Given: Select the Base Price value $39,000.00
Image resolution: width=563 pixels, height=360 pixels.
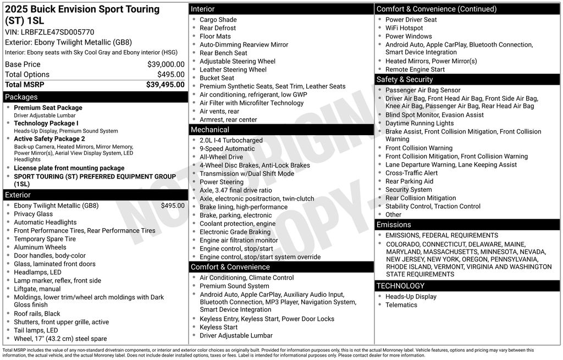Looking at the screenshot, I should [x=165, y=64].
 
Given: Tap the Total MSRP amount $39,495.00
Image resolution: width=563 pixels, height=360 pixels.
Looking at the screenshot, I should [x=165, y=85].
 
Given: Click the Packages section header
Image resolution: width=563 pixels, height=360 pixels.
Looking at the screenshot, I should [x=21, y=97].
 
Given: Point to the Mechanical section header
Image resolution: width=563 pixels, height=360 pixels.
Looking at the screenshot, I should [x=210, y=130].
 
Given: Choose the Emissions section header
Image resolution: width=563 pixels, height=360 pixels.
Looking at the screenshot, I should [x=394, y=225].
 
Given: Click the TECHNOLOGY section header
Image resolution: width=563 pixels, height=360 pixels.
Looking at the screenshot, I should [x=400, y=286].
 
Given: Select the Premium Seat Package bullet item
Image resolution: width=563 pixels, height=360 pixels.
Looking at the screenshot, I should [x=48, y=108].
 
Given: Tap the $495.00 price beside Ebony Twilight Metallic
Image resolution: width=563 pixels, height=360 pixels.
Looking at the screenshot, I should [x=173, y=206].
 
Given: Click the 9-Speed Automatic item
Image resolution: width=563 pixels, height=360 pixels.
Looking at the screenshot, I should [x=227, y=148].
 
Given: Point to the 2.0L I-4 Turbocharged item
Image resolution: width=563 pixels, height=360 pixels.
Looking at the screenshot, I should [x=231, y=140].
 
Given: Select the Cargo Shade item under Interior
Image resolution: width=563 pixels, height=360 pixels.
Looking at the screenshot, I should [x=218, y=20].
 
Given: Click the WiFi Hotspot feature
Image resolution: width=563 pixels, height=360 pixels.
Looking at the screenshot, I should [x=404, y=28].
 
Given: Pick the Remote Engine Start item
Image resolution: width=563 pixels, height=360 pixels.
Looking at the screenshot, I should [x=415, y=70].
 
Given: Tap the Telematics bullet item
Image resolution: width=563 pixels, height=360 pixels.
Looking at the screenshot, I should [x=401, y=305].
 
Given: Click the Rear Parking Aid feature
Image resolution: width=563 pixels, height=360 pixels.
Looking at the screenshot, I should [x=409, y=181].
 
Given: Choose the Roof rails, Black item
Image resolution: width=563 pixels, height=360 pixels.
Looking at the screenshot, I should [x=37, y=314].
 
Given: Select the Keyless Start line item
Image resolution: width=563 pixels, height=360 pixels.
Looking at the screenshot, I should [x=218, y=327].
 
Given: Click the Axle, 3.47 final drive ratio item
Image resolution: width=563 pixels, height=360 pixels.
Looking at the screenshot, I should [x=235, y=190].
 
